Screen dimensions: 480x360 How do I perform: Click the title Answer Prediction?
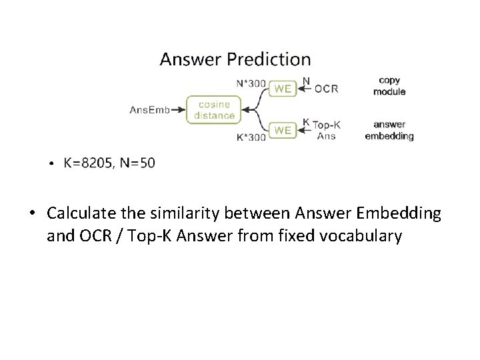235,59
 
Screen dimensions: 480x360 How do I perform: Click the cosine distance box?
214,109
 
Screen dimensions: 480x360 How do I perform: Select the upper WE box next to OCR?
283,87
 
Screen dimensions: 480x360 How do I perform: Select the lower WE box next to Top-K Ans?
283,130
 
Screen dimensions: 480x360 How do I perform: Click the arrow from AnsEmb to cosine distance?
177,109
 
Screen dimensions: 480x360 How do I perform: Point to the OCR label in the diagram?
326,88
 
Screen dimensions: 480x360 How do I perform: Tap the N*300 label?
251,83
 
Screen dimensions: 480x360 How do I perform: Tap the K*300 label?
251,137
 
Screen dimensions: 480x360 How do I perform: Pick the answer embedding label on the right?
389,130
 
